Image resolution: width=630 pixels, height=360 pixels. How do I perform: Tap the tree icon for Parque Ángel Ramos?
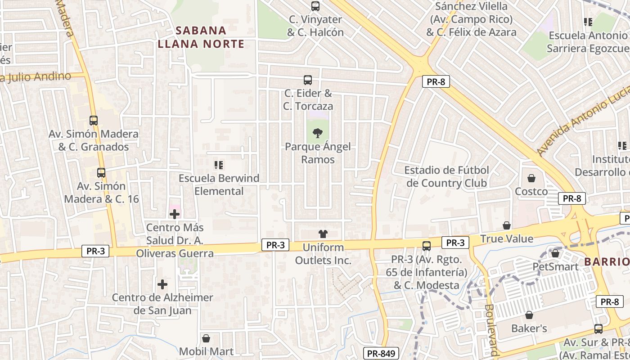click(318, 133)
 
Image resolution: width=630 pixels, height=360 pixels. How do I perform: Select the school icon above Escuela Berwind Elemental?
click(219, 165)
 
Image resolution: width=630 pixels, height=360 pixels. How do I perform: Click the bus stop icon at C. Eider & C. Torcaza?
click(308, 80)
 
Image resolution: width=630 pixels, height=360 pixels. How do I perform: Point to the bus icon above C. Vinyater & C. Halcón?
click(315, 6)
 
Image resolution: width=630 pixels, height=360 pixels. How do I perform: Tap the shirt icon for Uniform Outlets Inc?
click(323, 234)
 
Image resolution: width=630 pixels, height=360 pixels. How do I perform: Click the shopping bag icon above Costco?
click(531, 178)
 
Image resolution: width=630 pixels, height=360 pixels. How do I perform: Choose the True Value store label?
click(507, 238)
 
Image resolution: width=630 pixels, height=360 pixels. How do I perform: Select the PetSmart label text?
click(555, 266)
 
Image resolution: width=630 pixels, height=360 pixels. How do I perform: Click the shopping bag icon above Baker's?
click(529, 315)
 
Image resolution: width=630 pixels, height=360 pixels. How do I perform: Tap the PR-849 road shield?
click(381, 353)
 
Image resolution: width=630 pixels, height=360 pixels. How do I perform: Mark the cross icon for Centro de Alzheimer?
click(162, 284)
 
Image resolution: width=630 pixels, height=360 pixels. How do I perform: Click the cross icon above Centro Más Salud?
click(175, 214)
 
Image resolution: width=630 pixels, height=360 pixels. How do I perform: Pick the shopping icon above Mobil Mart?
click(206, 338)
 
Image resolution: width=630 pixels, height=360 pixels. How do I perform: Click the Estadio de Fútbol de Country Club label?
click(446, 176)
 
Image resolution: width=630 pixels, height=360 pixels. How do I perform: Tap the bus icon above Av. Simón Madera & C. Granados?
click(94, 121)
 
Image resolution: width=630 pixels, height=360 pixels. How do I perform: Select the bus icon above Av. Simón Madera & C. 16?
click(101, 173)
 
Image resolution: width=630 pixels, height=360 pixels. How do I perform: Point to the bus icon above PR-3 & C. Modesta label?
click(426, 246)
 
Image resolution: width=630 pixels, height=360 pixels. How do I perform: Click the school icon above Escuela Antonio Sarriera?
click(588, 22)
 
